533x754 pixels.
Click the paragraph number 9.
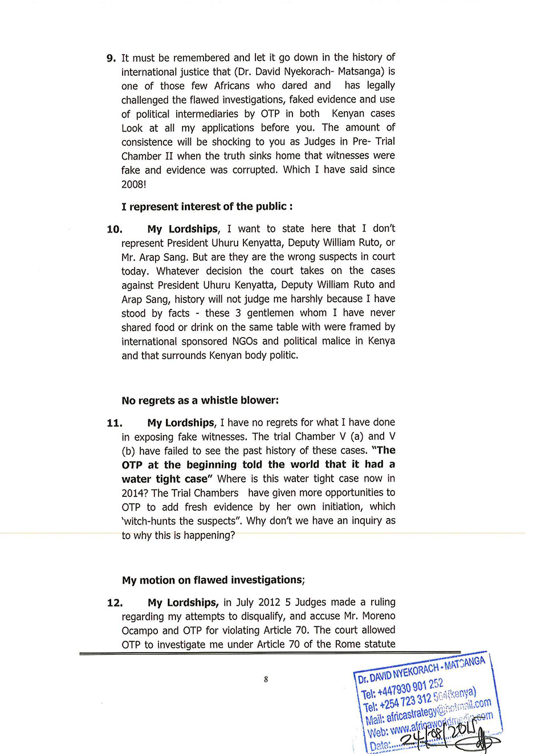111,58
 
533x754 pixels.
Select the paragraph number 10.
115,229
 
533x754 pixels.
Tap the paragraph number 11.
115,423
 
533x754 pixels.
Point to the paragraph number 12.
115,603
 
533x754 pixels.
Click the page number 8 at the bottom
266,679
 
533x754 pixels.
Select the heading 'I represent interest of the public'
207,206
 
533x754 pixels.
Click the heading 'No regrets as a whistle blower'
200,400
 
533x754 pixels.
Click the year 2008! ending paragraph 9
134,184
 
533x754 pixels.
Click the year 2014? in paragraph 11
135,493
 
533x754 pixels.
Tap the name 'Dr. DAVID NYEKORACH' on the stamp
399,672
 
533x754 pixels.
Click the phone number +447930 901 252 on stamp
410,688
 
